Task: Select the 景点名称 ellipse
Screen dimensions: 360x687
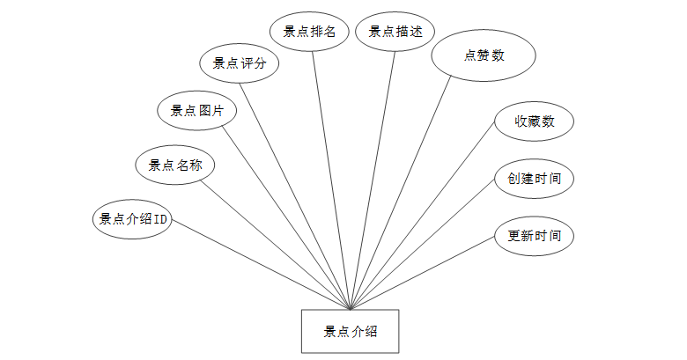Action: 174,164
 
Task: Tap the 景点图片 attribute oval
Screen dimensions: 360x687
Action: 196,110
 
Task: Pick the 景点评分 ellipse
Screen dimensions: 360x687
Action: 240,62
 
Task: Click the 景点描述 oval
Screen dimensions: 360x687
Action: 395,32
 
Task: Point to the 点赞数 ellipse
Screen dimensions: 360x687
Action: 484,55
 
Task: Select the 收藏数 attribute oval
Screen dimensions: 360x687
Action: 535,121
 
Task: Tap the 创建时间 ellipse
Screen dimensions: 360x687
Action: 534,179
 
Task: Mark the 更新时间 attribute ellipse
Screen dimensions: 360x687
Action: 534,236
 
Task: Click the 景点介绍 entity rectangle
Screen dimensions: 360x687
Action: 350,331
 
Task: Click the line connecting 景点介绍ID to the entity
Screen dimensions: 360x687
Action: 260,264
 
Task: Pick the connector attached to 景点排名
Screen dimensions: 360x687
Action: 332,180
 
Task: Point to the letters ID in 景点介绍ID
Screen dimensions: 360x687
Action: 161,219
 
